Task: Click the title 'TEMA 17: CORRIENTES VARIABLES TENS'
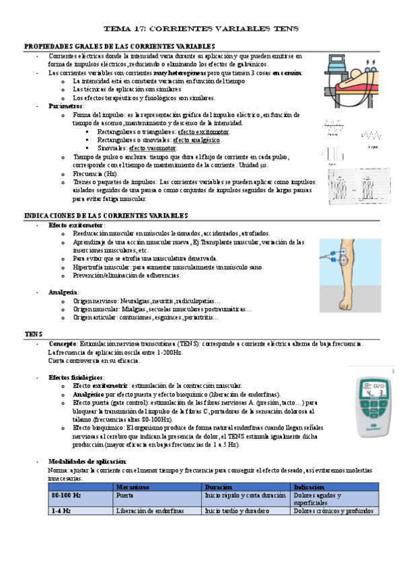(200, 29)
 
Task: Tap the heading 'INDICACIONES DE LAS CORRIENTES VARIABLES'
(106, 215)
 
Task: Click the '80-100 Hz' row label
(66, 495)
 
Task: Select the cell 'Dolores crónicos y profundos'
(332, 510)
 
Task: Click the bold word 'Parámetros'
(61, 106)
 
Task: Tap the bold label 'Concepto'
(63, 343)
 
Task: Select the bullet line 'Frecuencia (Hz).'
(96, 173)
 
